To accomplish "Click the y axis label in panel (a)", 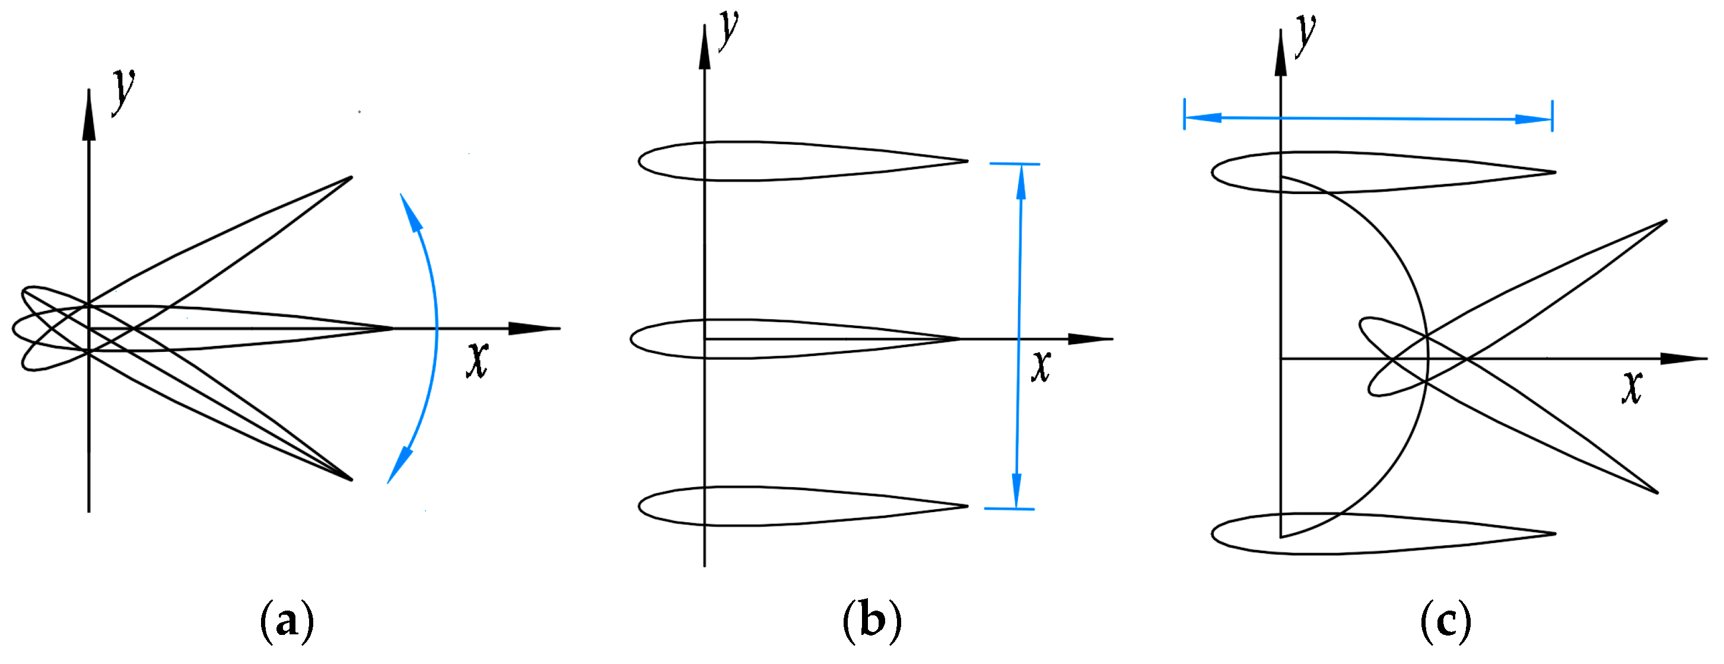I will click(x=123, y=92).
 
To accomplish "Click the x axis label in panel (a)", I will click(x=477, y=360).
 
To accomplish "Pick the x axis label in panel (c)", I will click(x=1631, y=386).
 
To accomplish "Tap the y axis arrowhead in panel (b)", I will click(x=704, y=47).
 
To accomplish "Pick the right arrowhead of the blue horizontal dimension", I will click(x=1533, y=119).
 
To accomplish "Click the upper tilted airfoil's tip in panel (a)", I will click(x=350, y=178).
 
